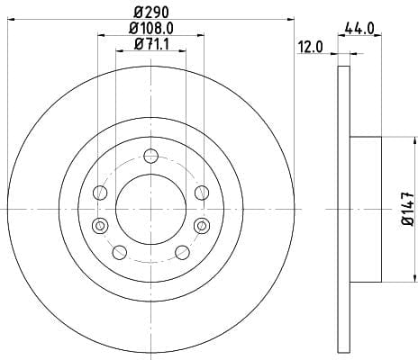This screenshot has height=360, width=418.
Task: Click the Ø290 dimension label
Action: (x=151, y=13)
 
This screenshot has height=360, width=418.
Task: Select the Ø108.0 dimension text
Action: (x=151, y=29)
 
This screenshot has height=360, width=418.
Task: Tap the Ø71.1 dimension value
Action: (x=151, y=44)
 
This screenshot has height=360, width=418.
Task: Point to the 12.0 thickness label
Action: (x=311, y=47)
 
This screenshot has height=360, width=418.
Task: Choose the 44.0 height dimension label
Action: (x=359, y=29)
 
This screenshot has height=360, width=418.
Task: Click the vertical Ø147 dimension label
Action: (x=408, y=209)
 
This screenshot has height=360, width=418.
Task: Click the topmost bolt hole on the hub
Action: (x=150, y=156)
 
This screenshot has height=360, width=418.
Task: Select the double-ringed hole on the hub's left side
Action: (x=100, y=226)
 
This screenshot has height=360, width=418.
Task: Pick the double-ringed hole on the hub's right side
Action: (x=202, y=226)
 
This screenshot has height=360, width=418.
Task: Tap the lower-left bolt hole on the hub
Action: (x=120, y=252)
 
